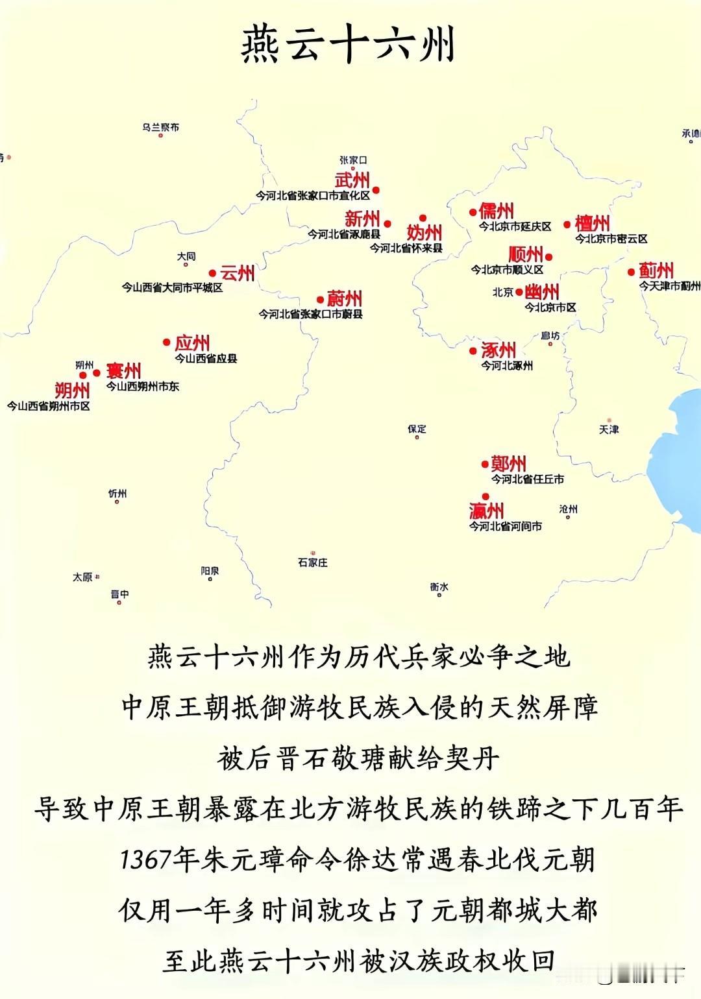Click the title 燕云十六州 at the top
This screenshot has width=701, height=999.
coord(349,44)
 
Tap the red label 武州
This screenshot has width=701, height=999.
coord(352,180)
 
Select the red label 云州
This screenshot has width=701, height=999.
coord(237,273)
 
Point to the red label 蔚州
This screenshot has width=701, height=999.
coord(344,298)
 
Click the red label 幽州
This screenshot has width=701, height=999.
coord(542,292)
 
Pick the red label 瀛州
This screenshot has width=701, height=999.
coord(486,511)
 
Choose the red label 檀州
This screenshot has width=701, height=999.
coord(592,224)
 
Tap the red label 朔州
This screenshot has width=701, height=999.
coord(72,390)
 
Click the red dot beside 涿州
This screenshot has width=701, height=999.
coord(473,351)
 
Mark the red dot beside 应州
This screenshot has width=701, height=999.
coord(167,342)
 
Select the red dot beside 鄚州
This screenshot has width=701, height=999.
coord(485,464)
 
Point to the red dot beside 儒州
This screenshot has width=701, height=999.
coord(473,212)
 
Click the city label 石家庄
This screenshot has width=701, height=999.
coord(313,562)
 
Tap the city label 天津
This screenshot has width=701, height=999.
coord(609,429)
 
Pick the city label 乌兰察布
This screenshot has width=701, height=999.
coord(161,127)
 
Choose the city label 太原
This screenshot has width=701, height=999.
coord(82,577)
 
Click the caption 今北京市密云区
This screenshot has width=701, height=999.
coord(611,239)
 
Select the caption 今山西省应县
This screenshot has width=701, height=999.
coord(206,358)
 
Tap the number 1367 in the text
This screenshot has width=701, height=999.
coord(146,860)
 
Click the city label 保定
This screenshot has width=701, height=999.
coord(417,429)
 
